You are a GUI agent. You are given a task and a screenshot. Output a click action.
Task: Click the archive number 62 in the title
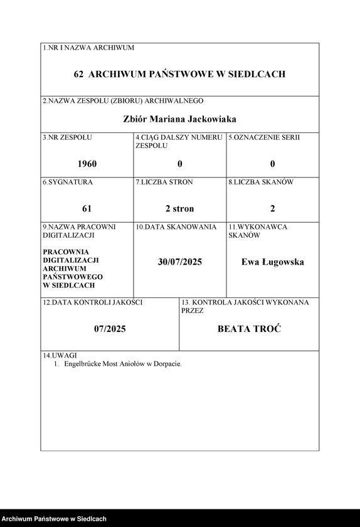pyautogui.click(x=78, y=74)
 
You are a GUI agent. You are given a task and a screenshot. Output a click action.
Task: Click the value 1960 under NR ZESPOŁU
pyautogui.click(x=87, y=164)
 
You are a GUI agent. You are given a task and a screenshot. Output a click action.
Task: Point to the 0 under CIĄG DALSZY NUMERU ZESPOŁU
pyautogui.click(x=180, y=164)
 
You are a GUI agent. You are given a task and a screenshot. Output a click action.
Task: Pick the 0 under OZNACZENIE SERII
pyautogui.click(x=273, y=164)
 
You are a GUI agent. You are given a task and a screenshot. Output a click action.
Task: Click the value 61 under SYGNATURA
pyautogui.click(x=87, y=208)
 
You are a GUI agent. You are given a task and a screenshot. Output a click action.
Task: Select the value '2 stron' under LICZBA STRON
pyautogui.click(x=180, y=208)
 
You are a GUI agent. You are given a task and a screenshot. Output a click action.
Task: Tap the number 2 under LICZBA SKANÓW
pyautogui.click(x=273, y=208)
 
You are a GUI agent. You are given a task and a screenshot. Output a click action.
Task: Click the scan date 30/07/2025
pyautogui.click(x=180, y=262)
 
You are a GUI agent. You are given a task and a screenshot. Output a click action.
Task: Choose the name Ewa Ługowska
pyautogui.click(x=273, y=262)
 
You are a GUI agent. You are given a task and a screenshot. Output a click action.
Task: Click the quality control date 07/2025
pyautogui.click(x=110, y=329)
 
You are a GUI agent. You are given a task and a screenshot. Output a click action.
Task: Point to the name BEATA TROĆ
pyautogui.click(x=249, y=329)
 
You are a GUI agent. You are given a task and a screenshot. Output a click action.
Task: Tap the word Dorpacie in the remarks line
pyautogui.click(x=166, y=364)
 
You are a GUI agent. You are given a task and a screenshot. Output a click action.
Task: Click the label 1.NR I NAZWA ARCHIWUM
pyautogui.click(x=88, y=48)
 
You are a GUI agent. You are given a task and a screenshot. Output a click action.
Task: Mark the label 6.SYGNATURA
pyautogui.click(x=68, y=182)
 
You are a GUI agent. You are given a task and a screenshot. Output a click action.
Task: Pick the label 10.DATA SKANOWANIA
pyautogui.click(x=176, y=226)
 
